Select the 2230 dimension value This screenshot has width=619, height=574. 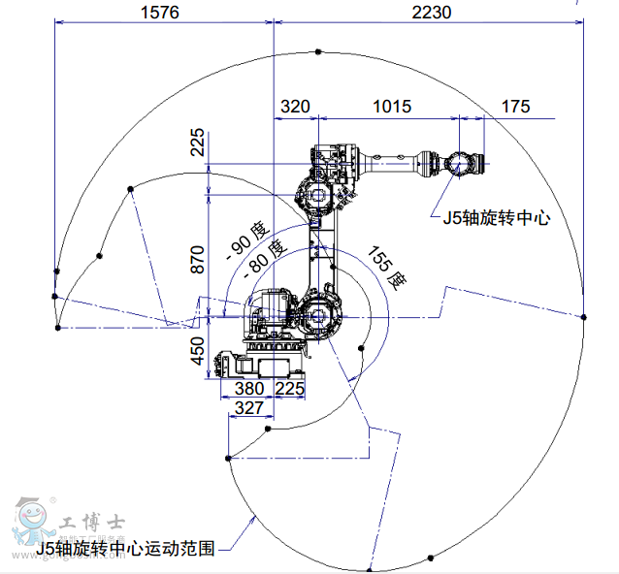tap(432, 13)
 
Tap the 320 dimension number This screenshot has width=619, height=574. tap(296, 107)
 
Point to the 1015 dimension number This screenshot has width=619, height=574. tap(391, 107)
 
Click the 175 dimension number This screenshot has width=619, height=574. tap(516, 107)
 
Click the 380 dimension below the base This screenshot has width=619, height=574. tap(249, 388)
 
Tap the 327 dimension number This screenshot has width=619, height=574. tap(249, 408)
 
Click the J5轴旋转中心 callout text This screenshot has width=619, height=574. tap(497, 218)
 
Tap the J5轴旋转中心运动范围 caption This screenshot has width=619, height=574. tap(125, 549)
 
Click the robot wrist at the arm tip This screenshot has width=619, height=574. tap(458, 163)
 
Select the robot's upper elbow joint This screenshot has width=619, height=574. tap(316, 194)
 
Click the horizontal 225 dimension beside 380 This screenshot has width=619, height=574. tap(290, 388)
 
